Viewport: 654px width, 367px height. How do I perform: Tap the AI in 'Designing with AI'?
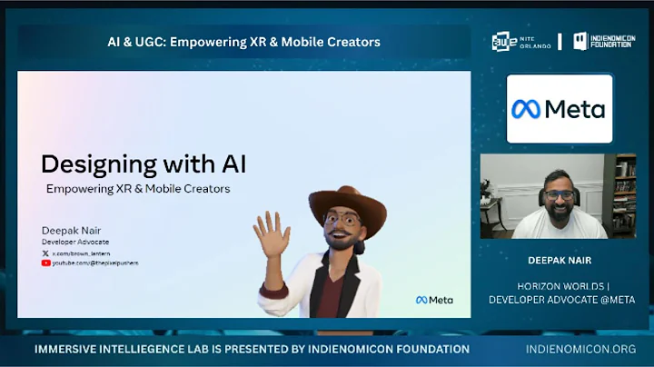229,164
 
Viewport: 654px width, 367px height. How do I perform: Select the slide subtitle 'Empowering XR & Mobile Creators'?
138,189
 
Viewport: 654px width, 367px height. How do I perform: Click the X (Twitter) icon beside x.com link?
45,253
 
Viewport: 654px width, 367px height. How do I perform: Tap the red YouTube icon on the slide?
45,263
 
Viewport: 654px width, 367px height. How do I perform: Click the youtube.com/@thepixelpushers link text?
95,263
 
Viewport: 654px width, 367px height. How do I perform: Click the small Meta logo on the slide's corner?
434,300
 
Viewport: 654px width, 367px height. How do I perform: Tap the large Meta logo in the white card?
559,109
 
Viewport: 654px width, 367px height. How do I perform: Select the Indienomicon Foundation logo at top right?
604,42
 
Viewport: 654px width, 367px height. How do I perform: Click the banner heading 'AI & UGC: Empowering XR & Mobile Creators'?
243,42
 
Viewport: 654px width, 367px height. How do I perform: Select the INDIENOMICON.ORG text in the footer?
580,349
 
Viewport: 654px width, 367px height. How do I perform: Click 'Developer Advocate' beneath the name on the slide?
75,242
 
